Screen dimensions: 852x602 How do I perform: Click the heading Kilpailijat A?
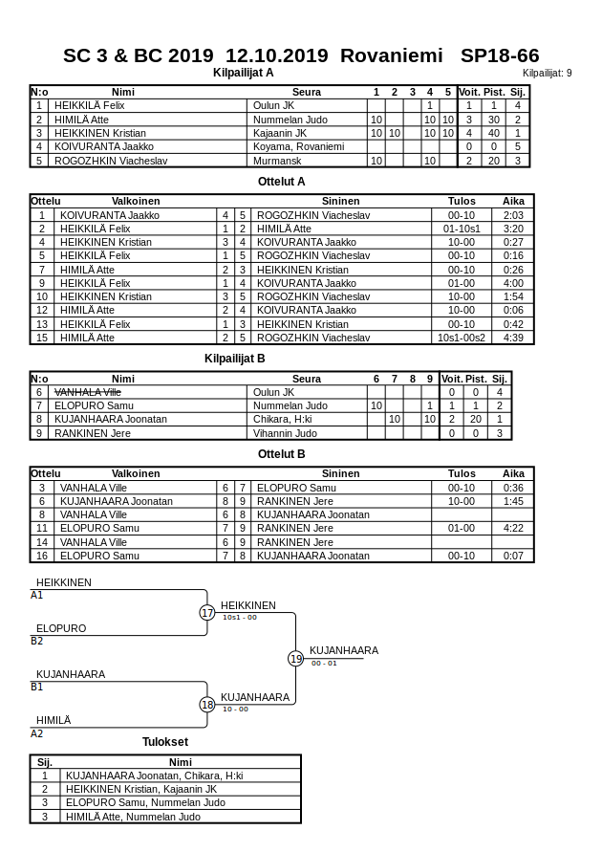tap(243, 72)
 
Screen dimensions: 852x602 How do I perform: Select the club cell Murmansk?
tap(276, 161)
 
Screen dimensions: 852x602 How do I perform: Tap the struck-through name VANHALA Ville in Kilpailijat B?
tap(87, 392)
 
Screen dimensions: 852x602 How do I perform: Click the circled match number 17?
tap(207, 613)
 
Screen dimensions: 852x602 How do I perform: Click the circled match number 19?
tap(296, 659)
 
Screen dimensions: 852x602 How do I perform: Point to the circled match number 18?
tap(207, 705)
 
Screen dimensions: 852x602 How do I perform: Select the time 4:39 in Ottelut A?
tap(513, 338)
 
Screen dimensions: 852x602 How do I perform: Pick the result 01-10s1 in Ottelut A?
tap(462, 229)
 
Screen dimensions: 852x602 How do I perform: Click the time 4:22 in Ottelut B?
tap(513, 528)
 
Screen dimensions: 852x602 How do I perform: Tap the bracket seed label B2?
tap(37, 641)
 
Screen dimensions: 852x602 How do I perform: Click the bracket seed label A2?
tap(37, 733)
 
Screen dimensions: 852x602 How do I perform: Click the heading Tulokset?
tap(165, 742)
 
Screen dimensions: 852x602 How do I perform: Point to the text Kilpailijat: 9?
tap(547, 73)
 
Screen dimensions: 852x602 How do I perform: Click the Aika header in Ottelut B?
tap(513, 473)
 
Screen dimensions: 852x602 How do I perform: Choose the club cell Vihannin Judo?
tap(285, 433)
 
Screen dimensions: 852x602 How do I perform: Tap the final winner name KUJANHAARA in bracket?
tap(343, 650)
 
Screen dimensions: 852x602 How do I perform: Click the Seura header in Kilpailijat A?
tap(306, 92)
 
